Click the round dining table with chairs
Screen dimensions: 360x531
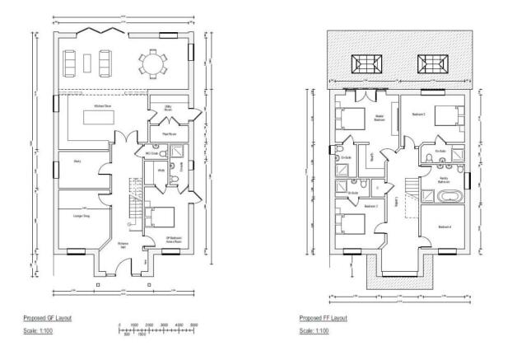[x=151, y=63]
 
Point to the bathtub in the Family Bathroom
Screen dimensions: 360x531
[x=449, y=198]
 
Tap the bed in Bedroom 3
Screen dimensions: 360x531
[x=350, y=226]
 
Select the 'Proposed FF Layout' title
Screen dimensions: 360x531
[x=324, y=317]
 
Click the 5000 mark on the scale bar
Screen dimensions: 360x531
[x=193, y=325]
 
